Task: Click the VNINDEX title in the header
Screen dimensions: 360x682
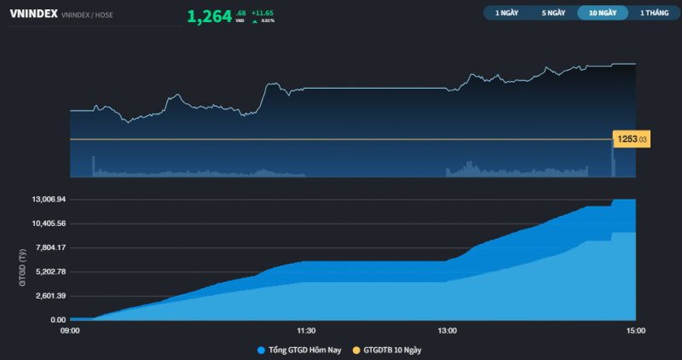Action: coord(33,15)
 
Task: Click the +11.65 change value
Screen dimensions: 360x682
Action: coord(262,13)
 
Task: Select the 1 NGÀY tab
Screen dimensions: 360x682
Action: coord(506,13)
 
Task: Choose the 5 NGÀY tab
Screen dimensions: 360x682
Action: coord(553,13)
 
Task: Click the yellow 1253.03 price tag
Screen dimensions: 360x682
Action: coord(632,139)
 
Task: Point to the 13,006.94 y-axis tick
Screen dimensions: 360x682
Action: coord(49,199)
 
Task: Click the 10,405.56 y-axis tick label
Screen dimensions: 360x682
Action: coord(49,223)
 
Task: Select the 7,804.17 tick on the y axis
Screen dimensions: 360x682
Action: coord(50,247)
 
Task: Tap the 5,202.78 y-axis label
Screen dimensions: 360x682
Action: coord(50,271)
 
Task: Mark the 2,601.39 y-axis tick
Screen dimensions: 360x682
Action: coord(50,295)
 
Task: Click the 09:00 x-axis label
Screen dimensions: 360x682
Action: coord(70,330)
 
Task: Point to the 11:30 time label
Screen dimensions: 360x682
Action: coord(306,330)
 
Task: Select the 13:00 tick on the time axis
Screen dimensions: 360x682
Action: coord(447,330)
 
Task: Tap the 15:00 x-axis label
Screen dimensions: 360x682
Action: coord(635,330)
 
